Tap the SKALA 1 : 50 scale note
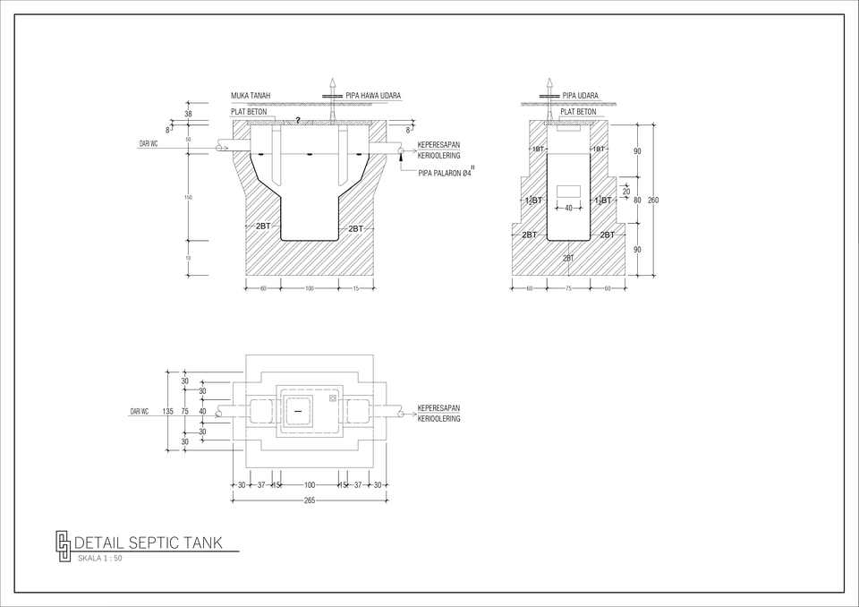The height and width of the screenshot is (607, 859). pos(100,558)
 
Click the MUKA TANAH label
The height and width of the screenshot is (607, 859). pos(251,95)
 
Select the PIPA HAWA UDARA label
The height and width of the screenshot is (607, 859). pos(373,95)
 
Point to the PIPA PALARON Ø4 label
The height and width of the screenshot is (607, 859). pos(446,174)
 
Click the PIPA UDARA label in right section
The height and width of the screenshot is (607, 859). pos(581,95)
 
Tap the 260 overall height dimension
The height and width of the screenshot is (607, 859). pos(653,201)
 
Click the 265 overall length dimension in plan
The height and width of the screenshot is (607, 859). pos(309,500)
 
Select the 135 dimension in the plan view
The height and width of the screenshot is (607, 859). pos(167,411)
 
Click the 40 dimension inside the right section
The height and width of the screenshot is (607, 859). pos(568,209)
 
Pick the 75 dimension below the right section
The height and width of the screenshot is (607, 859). pos(568,288)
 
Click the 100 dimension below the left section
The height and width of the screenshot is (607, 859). pos(309,288)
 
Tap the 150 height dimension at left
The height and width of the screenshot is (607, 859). pos(188,197)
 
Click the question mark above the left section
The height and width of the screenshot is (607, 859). pos(298,120)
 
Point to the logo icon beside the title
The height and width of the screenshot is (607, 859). pos(63,545)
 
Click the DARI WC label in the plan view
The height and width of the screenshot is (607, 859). pos(139,411)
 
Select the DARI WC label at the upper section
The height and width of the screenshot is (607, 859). pos(149,143)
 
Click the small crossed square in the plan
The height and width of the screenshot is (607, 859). pos(332,398)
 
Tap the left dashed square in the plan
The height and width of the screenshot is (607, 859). pos(260,411)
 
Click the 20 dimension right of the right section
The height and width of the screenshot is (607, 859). pos(626,192)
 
